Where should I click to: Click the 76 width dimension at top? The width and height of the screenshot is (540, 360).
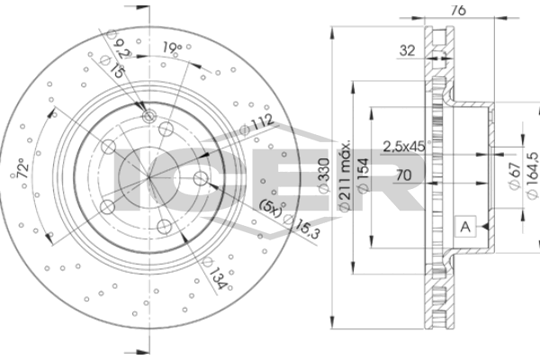pos(458,10)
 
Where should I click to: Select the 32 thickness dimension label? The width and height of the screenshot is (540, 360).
pos(407,50)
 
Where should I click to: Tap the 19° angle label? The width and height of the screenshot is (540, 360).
pos(172,47)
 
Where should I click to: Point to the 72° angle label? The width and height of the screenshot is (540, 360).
pos(22,167)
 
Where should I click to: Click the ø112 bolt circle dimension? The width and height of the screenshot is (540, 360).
pos(256,124)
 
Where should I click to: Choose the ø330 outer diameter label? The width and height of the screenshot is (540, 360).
pos(323,175)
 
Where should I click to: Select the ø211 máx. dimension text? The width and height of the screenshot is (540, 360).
pos(345,175)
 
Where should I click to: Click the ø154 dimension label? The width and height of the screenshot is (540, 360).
pos(364,175)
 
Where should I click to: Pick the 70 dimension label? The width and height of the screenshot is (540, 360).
pos(403,175)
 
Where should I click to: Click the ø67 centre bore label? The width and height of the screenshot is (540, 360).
pos(514,175)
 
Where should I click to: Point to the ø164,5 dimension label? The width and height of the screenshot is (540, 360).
pos(533,175)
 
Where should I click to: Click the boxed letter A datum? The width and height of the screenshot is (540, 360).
pos(465,227)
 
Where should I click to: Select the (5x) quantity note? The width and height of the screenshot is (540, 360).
pos(271,207)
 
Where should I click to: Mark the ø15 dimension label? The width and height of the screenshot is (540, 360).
pos(112,66)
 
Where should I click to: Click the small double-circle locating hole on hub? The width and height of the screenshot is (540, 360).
pos(149,116)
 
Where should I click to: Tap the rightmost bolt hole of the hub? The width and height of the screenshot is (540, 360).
pos(201,179)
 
